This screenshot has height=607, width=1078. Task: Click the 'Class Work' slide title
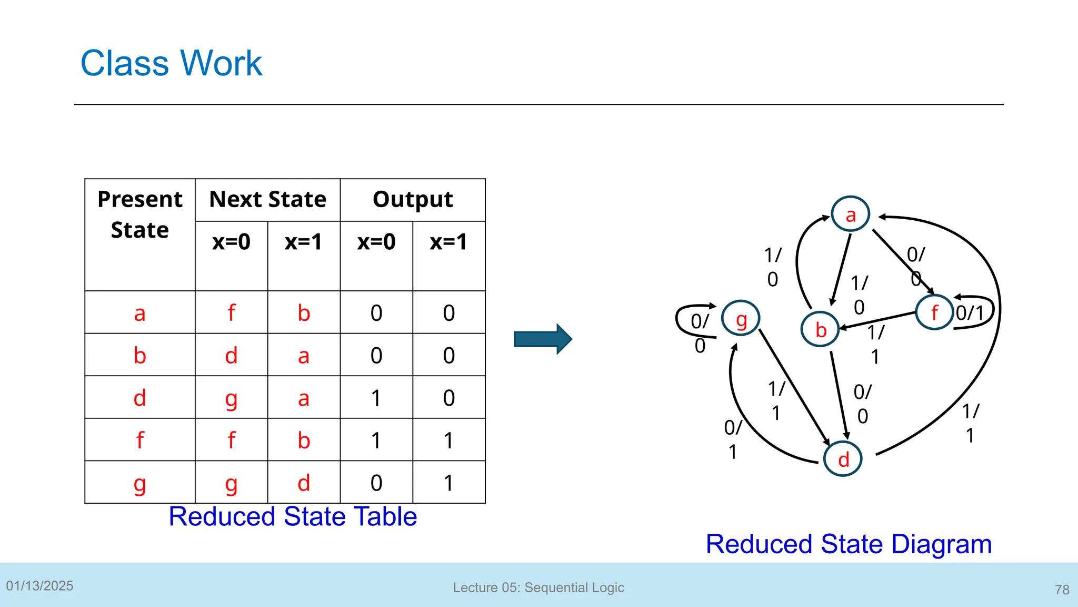[171, 63]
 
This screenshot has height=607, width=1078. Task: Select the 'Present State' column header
[140, 214]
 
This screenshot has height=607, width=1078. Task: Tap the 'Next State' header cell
[267, 200]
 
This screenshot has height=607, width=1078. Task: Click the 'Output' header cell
[413, 200]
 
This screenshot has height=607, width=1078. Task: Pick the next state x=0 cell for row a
[231, 312]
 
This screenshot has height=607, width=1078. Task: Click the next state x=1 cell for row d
[304, 398]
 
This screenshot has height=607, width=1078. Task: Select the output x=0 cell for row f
[376, 440]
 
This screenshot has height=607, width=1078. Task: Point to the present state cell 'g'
[139, 483]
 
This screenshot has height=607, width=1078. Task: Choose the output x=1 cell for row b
[448, 355]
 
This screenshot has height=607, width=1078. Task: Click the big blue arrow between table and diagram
[543, 339]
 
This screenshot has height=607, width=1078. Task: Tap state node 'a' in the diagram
[851, 214]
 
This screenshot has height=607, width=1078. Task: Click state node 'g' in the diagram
[741, 318]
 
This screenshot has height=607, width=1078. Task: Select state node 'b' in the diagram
[820, 329]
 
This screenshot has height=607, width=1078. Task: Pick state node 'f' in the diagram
[934, 312]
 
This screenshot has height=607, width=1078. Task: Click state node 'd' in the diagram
[843, 459]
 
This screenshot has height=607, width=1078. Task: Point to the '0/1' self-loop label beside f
[970, 313]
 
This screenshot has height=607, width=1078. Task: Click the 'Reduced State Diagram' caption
[849, 544]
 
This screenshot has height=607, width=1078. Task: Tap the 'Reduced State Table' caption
[293, 516]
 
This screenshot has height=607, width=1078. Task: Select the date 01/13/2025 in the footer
[39, 586]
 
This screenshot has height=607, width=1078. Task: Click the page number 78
[1062, 590]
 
